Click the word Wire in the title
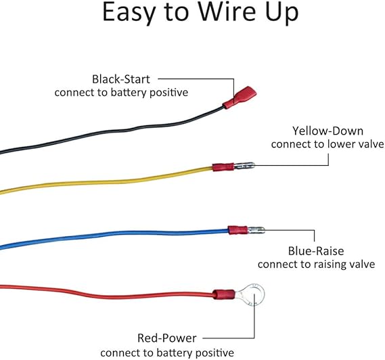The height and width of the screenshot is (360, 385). [x=227, y=12]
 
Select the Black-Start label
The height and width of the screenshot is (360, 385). [x=121, y=79]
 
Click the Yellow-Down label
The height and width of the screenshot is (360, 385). [x=327, y=131]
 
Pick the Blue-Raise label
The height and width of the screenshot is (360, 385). [x=316, y=251]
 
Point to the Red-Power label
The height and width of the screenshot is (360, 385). [x=166, y=338]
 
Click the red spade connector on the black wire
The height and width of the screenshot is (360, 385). [x=240, y=97]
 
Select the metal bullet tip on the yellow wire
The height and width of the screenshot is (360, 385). [x=244, y=166]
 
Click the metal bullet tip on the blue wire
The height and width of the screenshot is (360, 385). [x=256, y=230]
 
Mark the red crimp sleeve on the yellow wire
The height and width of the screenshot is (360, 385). [x=223, y=167]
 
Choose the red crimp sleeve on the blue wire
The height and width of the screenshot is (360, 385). [x=237, y=230]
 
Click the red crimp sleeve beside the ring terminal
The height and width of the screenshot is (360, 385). [x=224, y=294]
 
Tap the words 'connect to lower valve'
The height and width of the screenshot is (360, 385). [x=327, y=144]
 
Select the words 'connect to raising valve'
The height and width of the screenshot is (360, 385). [x=316, y=265]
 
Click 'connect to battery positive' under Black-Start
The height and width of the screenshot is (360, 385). [x=121, y=93]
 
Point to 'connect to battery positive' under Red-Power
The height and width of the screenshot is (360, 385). [x=167, y=353]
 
